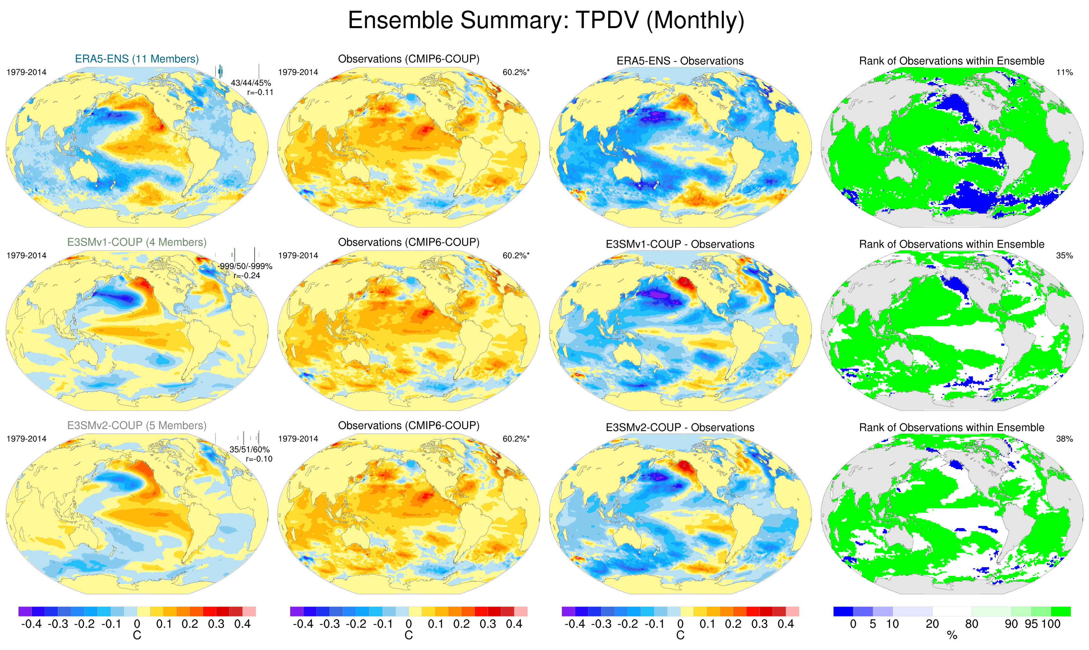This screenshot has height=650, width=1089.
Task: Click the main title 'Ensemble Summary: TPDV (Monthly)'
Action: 545,20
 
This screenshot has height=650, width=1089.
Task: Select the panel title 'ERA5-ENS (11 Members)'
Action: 137,59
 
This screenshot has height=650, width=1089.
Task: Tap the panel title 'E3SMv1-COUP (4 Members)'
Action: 137,242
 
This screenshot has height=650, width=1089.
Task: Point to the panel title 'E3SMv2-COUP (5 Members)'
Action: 137,425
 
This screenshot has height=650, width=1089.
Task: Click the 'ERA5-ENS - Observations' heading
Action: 680,61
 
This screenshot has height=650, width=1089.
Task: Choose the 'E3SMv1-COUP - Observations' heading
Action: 680,244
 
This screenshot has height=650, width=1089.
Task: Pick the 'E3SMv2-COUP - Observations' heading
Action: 680,428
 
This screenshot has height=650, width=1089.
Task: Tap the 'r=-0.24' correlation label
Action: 247,275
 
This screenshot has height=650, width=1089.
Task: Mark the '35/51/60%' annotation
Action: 249,450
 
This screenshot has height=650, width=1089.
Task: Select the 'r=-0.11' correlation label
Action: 260,92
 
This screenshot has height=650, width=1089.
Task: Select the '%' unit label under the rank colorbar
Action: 952,636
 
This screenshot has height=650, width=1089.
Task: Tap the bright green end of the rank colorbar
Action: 1061,611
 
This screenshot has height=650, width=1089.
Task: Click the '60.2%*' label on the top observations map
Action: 516,72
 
